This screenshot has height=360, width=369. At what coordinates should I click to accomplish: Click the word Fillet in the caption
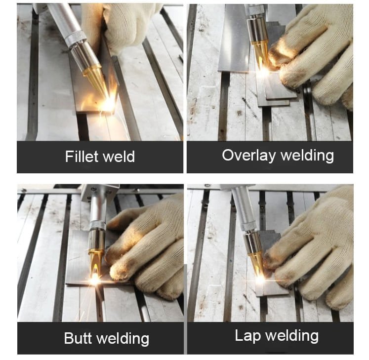[81, 157]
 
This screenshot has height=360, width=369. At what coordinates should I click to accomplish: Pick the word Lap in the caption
[247, 336]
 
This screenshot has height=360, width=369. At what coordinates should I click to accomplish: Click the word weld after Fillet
[119, 157]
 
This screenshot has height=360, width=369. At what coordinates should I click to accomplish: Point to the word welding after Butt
[123, 339]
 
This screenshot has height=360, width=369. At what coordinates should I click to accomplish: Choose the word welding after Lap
[292, 336]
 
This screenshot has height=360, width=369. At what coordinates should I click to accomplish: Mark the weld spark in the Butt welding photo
[95, 280]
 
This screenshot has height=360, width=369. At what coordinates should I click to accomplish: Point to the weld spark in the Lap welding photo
[260, 280]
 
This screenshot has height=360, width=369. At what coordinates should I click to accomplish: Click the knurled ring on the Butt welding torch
[97, 225]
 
